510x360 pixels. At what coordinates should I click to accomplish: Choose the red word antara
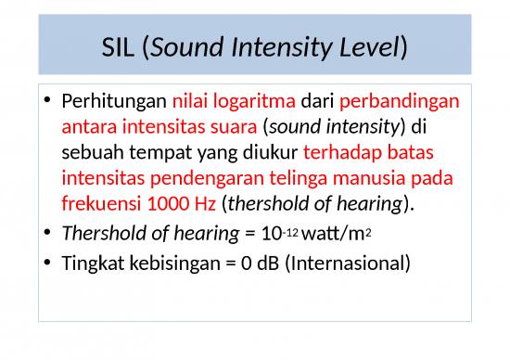tap(85, 126)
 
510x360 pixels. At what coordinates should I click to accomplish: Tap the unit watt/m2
tap(290, 237)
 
